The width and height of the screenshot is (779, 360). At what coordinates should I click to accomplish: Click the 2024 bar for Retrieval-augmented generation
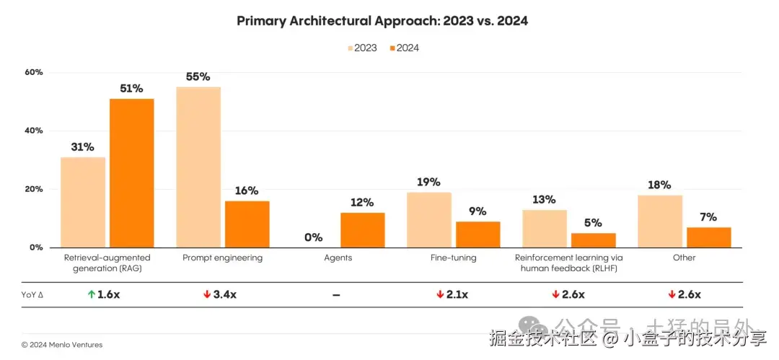[x=131, y=172]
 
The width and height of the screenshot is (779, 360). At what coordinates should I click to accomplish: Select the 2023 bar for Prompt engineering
[x=198, y=167]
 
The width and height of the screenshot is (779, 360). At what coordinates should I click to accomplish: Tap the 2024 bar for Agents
[x=362, y=229]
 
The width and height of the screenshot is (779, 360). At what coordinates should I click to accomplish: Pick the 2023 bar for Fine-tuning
[x=429, y=219]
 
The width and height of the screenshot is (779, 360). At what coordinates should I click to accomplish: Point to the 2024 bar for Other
[x=708, y=237]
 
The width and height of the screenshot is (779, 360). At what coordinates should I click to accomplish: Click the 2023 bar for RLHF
[x=545, y=228]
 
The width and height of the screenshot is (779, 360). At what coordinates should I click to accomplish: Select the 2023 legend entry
[x=362, y=48]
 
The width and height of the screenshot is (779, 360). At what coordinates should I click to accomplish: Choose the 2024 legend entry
[x=404, y=48]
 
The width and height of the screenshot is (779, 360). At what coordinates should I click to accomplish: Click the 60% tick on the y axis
[x=34, y=72]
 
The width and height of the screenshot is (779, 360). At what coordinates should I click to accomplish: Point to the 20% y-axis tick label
[x=34, y=189]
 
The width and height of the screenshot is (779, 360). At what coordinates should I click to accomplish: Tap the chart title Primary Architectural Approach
[x=382, y=21]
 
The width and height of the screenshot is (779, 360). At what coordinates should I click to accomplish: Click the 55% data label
[x=198, y=76]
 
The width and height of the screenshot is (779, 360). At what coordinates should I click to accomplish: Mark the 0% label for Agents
[x=313, y=237]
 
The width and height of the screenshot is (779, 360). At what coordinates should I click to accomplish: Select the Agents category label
[x=338, y=258]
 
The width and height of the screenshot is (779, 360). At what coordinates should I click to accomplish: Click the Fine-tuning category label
[x=453, y=258]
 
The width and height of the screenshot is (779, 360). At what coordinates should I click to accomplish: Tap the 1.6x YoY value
[x=108, y=294]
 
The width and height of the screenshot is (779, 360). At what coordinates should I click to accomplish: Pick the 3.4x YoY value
[x=224, y=294]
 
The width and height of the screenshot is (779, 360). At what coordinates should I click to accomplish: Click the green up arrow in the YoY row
[x=91, y=294]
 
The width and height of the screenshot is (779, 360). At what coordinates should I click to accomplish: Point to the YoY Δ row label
[x=33, y=294]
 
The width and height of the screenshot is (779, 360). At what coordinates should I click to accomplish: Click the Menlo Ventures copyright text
[x=62, y=345]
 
